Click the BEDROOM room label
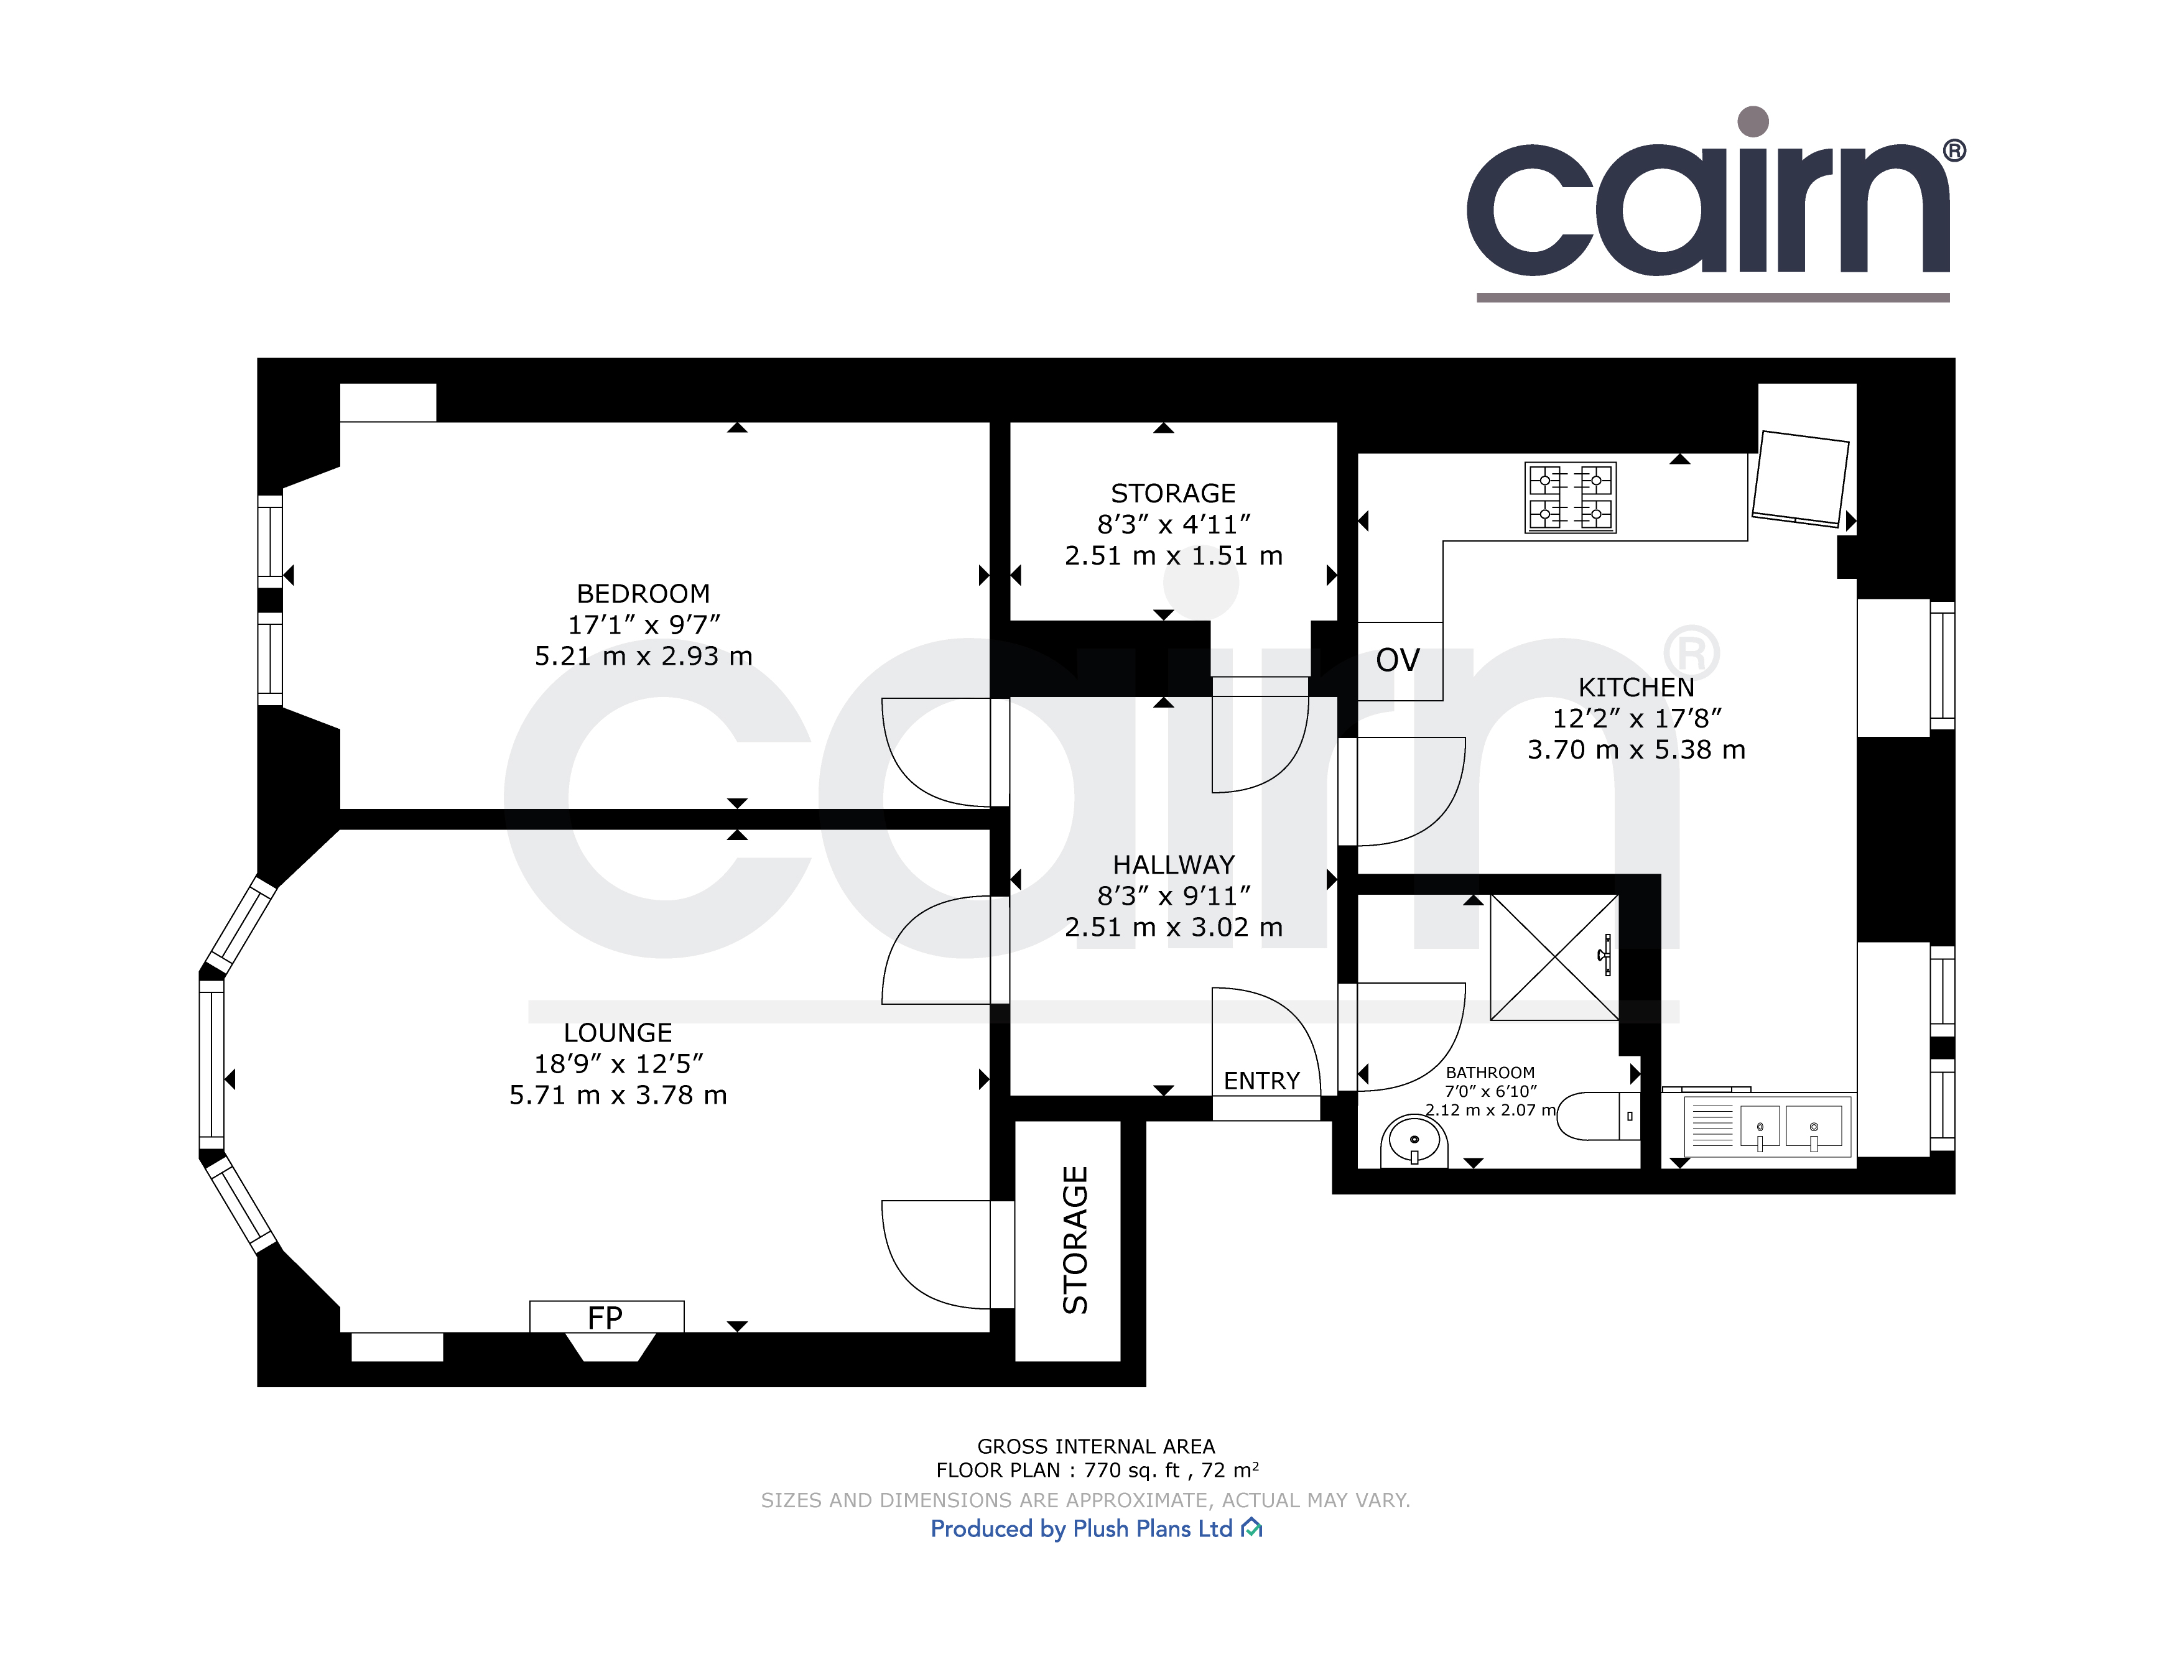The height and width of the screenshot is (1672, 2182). pos(643,594)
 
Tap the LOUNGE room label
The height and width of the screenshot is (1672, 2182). pos(618,1033)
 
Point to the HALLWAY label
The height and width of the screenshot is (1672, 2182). pos(1174,865)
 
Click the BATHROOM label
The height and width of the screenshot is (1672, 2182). pos(1490,1073)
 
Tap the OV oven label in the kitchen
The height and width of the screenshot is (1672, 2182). pos(1398,660)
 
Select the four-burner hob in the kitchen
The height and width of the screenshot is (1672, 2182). pos(1571,497)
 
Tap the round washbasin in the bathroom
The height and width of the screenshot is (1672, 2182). pos(1414,1140)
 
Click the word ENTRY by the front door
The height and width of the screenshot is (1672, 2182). pos(1261,1081)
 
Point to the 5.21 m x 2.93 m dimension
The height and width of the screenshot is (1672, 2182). pos(643,657)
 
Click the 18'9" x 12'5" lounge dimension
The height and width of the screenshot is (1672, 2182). pos(618,1064)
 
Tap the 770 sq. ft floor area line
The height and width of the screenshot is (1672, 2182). pos(1097,1470)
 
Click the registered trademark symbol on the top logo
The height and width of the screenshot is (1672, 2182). pos(1954,150)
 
